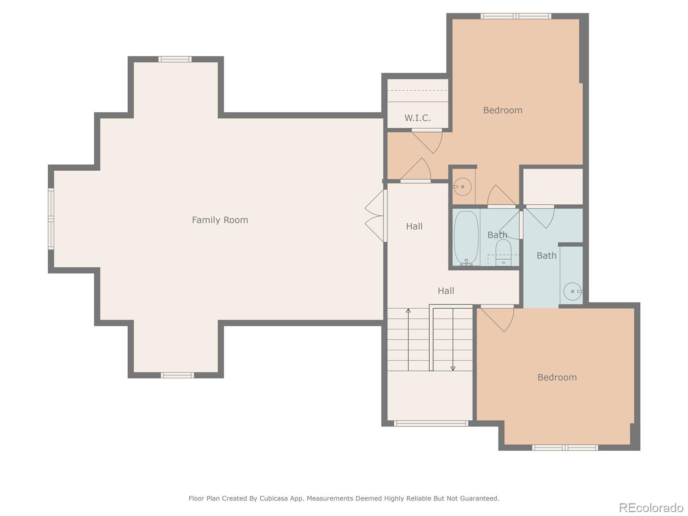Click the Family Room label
[220, 220]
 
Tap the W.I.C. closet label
[418, 118]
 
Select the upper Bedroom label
[502, 110]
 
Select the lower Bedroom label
[557, 377]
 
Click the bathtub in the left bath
[466, 238]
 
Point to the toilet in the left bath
[504, 252]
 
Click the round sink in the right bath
[573, 291]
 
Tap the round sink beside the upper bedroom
[462, 187]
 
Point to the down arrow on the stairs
[453, 339]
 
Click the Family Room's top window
[175, 59]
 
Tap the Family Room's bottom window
[178, 375]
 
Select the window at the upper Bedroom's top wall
[516, 16]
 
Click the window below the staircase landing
[431, 424]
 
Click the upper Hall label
[414, 226]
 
